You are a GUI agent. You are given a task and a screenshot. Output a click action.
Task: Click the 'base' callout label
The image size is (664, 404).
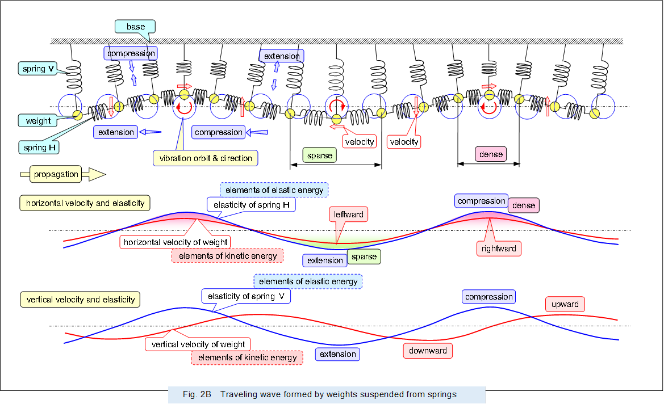coord(135,27)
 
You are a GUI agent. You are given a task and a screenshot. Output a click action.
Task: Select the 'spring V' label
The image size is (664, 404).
coord(38,69)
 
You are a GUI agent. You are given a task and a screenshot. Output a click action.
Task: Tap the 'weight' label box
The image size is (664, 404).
coord(38,121)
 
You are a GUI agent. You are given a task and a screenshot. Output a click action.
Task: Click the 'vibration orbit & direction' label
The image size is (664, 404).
coord(206,158)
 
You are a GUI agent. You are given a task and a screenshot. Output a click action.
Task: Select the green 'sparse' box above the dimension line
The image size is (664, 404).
coord(319,155)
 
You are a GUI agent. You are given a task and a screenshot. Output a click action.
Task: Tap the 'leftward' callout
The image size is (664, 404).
coord(348,214)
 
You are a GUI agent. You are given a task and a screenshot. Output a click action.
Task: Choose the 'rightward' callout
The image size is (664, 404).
coord(498,248)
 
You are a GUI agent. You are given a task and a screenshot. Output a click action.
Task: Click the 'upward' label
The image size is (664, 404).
coord(565,304)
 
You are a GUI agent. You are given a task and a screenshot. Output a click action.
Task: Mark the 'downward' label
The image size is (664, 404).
coord(428,351)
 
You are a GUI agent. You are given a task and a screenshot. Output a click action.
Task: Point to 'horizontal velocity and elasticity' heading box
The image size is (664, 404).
coord(85,203)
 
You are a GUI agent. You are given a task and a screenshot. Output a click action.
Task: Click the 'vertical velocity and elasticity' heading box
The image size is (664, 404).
coord(81,299)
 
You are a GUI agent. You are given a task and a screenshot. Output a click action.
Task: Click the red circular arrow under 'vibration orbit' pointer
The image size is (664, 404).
coord(185,108)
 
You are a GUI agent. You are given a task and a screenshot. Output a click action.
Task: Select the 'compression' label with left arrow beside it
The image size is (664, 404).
coord(218,132)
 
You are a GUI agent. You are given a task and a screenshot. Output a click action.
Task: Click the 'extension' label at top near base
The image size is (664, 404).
coord(282,56)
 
